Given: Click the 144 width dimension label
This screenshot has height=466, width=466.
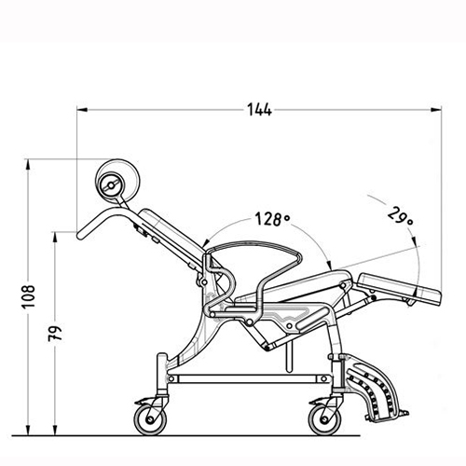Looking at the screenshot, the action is point(259,110).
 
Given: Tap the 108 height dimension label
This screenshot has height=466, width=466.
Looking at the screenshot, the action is point(29,296).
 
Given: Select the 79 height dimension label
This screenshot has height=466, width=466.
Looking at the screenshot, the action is point(55,334).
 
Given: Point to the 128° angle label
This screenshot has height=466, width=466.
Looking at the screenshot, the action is point(272,219).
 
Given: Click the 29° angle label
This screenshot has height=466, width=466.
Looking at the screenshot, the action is point(401,216).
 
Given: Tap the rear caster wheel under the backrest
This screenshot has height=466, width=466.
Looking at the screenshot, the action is point(150,419).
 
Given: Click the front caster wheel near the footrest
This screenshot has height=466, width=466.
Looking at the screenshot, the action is point(324,419).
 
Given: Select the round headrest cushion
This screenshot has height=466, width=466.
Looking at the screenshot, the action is point(117,180).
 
